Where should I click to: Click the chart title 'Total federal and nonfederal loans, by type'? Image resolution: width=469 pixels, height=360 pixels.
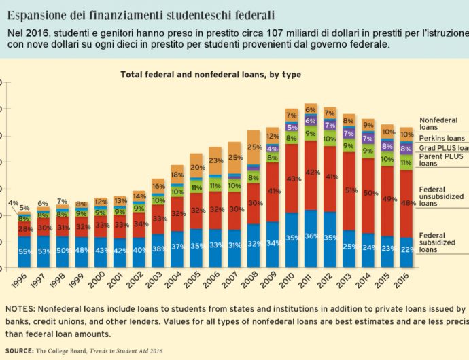pos(211,74)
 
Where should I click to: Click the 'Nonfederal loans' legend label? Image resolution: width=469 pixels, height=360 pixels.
pos(438,123)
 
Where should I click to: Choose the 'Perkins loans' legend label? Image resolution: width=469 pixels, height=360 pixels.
pos(442,138)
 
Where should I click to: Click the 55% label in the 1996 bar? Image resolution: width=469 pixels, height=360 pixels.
pos(24,251)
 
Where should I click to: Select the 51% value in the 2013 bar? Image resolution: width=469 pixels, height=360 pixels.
pos(349,191)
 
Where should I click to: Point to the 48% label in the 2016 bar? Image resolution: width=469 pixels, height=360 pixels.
pos(406,203)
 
